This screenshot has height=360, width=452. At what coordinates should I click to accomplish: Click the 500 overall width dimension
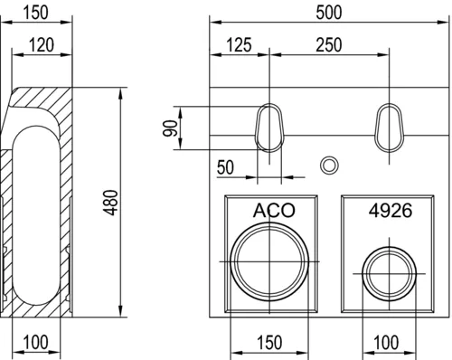click(329, 13)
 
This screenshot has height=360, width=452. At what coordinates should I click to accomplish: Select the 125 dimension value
click(239, 45)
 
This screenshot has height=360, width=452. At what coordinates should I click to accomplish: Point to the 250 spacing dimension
click(329, 45)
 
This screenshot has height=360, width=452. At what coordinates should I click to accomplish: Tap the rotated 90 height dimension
click(170, 128)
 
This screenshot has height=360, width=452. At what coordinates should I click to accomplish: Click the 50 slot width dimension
click(225, 167)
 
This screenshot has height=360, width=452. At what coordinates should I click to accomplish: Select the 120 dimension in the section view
click(42, 45)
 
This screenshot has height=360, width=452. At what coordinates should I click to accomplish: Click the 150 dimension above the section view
click(35, 13)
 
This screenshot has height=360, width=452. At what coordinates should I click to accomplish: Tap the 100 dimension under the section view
click(35, 342)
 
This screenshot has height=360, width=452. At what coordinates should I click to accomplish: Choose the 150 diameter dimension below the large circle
click(269, 342)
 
